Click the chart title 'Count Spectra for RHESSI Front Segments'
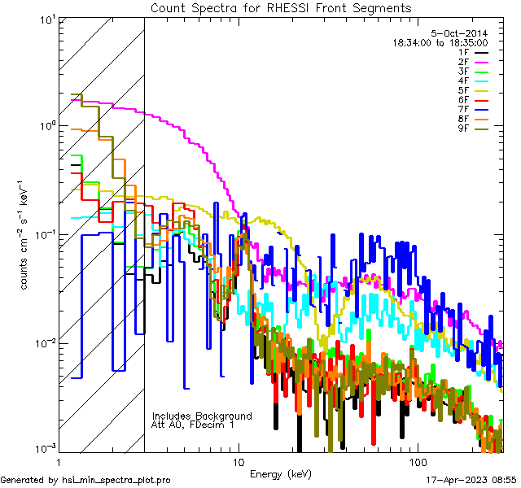pos(281,7)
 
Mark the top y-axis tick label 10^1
pos(46,19)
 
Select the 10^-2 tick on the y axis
pos(43,342)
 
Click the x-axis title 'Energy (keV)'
pos(281,473)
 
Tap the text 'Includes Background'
pos(202,416)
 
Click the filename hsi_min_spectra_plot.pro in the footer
pos(116,481)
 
